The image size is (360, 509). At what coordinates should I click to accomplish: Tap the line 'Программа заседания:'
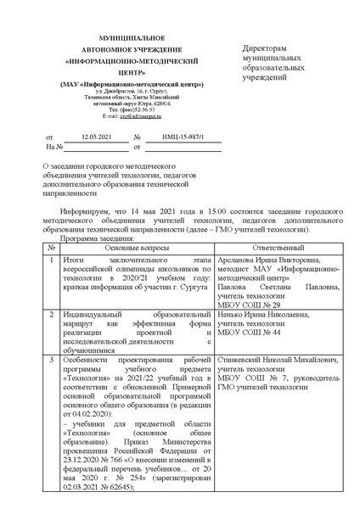tap(81, 239)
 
